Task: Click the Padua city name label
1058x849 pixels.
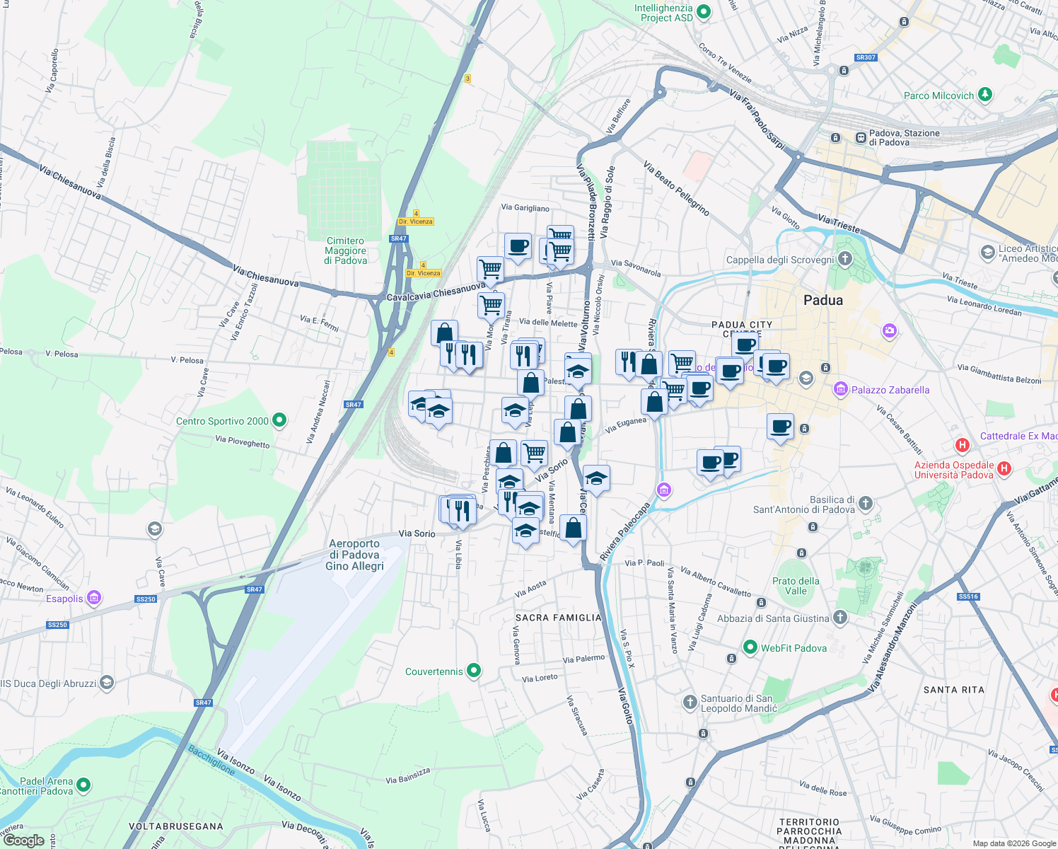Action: point(823,301)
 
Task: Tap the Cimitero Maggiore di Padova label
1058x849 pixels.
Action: point(346,251)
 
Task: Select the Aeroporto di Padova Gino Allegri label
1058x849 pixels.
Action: point(354,555)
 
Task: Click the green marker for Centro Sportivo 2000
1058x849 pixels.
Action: point(279,420)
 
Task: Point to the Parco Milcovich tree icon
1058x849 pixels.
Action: point(985,94)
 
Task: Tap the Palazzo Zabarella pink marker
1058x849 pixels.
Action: point(841,389)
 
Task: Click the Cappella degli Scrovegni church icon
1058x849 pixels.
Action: point(844,259)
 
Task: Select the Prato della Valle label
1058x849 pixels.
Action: point(796,586)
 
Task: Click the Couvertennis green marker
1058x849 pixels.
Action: point(474,671)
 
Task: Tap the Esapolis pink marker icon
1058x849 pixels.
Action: point(93,598)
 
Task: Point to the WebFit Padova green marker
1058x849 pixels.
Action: point(750,647)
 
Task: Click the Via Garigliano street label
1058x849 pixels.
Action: point(525,208)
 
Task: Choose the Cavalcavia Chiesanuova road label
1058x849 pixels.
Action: point(436,291)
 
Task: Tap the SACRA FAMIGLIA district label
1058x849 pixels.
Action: point(559,618)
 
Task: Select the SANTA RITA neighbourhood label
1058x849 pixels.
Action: point(953,690)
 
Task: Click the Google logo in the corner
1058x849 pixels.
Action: point(23,840)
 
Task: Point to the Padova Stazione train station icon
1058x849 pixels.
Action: point(861,137)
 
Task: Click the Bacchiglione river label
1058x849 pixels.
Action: point(211,759)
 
